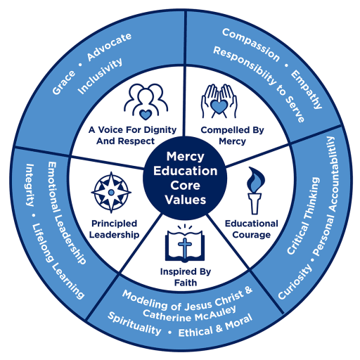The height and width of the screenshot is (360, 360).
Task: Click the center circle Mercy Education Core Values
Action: pos(185,178)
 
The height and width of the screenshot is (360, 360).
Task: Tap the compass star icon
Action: pos(111,193)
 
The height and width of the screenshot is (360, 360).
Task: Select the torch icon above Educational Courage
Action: pos(255,191)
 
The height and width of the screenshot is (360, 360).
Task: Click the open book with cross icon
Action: pos(185,243)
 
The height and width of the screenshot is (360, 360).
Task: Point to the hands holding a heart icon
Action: pos(219,101)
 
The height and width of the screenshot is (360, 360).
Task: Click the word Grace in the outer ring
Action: pos(64,82)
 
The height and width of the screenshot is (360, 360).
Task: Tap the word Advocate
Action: pos(109,47)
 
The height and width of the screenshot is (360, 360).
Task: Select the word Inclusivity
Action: pos(100,76)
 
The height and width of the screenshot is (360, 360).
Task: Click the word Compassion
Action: pos(251,44)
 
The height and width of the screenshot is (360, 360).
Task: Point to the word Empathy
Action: pos(307,89)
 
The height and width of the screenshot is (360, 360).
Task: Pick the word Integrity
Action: pos(30,185)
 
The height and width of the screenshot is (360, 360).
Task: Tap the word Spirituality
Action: pos(134,324)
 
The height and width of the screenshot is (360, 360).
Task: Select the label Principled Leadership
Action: pos(114,229)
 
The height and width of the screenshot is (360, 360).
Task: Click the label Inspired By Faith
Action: pos(186,277)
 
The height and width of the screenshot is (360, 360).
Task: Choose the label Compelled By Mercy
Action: pos(232,136)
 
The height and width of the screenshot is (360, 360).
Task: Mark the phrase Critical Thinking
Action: pos(303,216)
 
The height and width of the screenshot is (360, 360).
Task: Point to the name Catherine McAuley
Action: pos(189,314)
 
